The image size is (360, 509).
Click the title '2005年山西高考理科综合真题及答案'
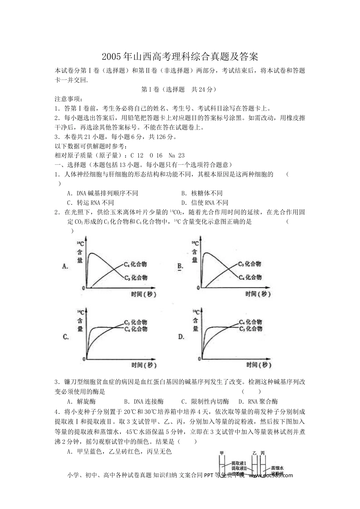(x=180, y=57)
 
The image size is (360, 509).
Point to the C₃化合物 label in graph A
(x=136, y=278)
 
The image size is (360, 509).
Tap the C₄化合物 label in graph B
(x=250, y=278)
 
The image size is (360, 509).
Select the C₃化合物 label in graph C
(x=135, y=322)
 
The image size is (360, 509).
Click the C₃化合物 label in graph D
(x=250, y=329)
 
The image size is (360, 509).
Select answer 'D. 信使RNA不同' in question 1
(x=205, y=203)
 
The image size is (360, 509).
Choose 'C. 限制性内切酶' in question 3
(x=205, y=402)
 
